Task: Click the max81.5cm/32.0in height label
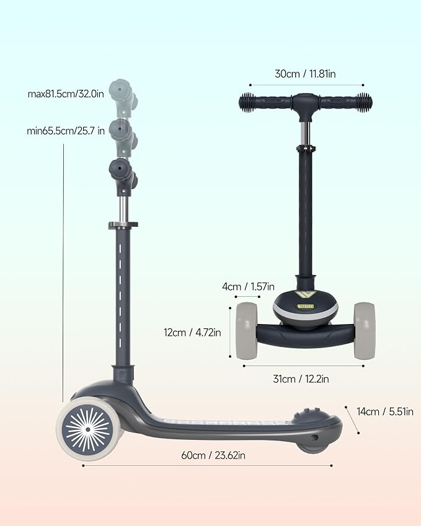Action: click(66, 94)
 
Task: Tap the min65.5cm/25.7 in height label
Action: click(66, 131)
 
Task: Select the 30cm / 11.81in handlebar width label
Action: click(305, 74)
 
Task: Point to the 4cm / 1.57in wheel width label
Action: click(248, 287)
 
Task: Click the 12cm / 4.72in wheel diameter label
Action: click(192, 333)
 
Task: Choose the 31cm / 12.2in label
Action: click(301, 379)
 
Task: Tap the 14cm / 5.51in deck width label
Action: click(385, 411)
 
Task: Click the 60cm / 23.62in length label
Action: click(213, 455)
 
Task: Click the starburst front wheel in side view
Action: click(88, 429)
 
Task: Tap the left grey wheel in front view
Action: click(247, 331)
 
